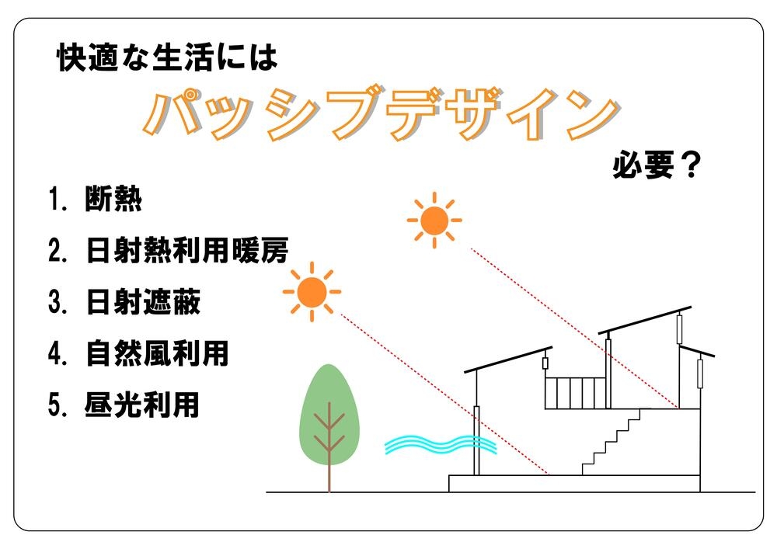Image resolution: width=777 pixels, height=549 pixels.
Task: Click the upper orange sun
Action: (x=434, y=221)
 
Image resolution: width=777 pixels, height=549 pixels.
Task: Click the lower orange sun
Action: (x=312, y=291)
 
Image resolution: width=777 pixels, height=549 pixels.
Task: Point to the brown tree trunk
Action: (x=329, y=448)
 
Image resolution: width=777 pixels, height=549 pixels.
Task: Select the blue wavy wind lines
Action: (x=441, y=444)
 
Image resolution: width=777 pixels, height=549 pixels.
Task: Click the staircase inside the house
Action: (x=611, y=442)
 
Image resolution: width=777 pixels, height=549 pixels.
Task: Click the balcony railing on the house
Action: (x=575, y=393)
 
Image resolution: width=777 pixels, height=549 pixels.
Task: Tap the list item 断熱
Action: (x=113, y=199)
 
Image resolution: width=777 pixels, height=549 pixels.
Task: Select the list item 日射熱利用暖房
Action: (x=186, y=250)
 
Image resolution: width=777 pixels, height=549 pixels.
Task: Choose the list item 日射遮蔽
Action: (x=143, y=301)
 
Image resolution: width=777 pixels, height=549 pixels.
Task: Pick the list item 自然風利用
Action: (x=157, y=353)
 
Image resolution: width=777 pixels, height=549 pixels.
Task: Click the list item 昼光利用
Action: (x=141, y=405)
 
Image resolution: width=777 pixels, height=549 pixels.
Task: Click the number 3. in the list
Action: (x=57, y=301)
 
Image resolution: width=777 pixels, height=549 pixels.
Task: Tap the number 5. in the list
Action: (x=57, y=405)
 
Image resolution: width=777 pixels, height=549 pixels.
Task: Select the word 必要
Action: (x=643, y=165)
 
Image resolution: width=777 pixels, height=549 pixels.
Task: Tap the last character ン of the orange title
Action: (x=592, y=115)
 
